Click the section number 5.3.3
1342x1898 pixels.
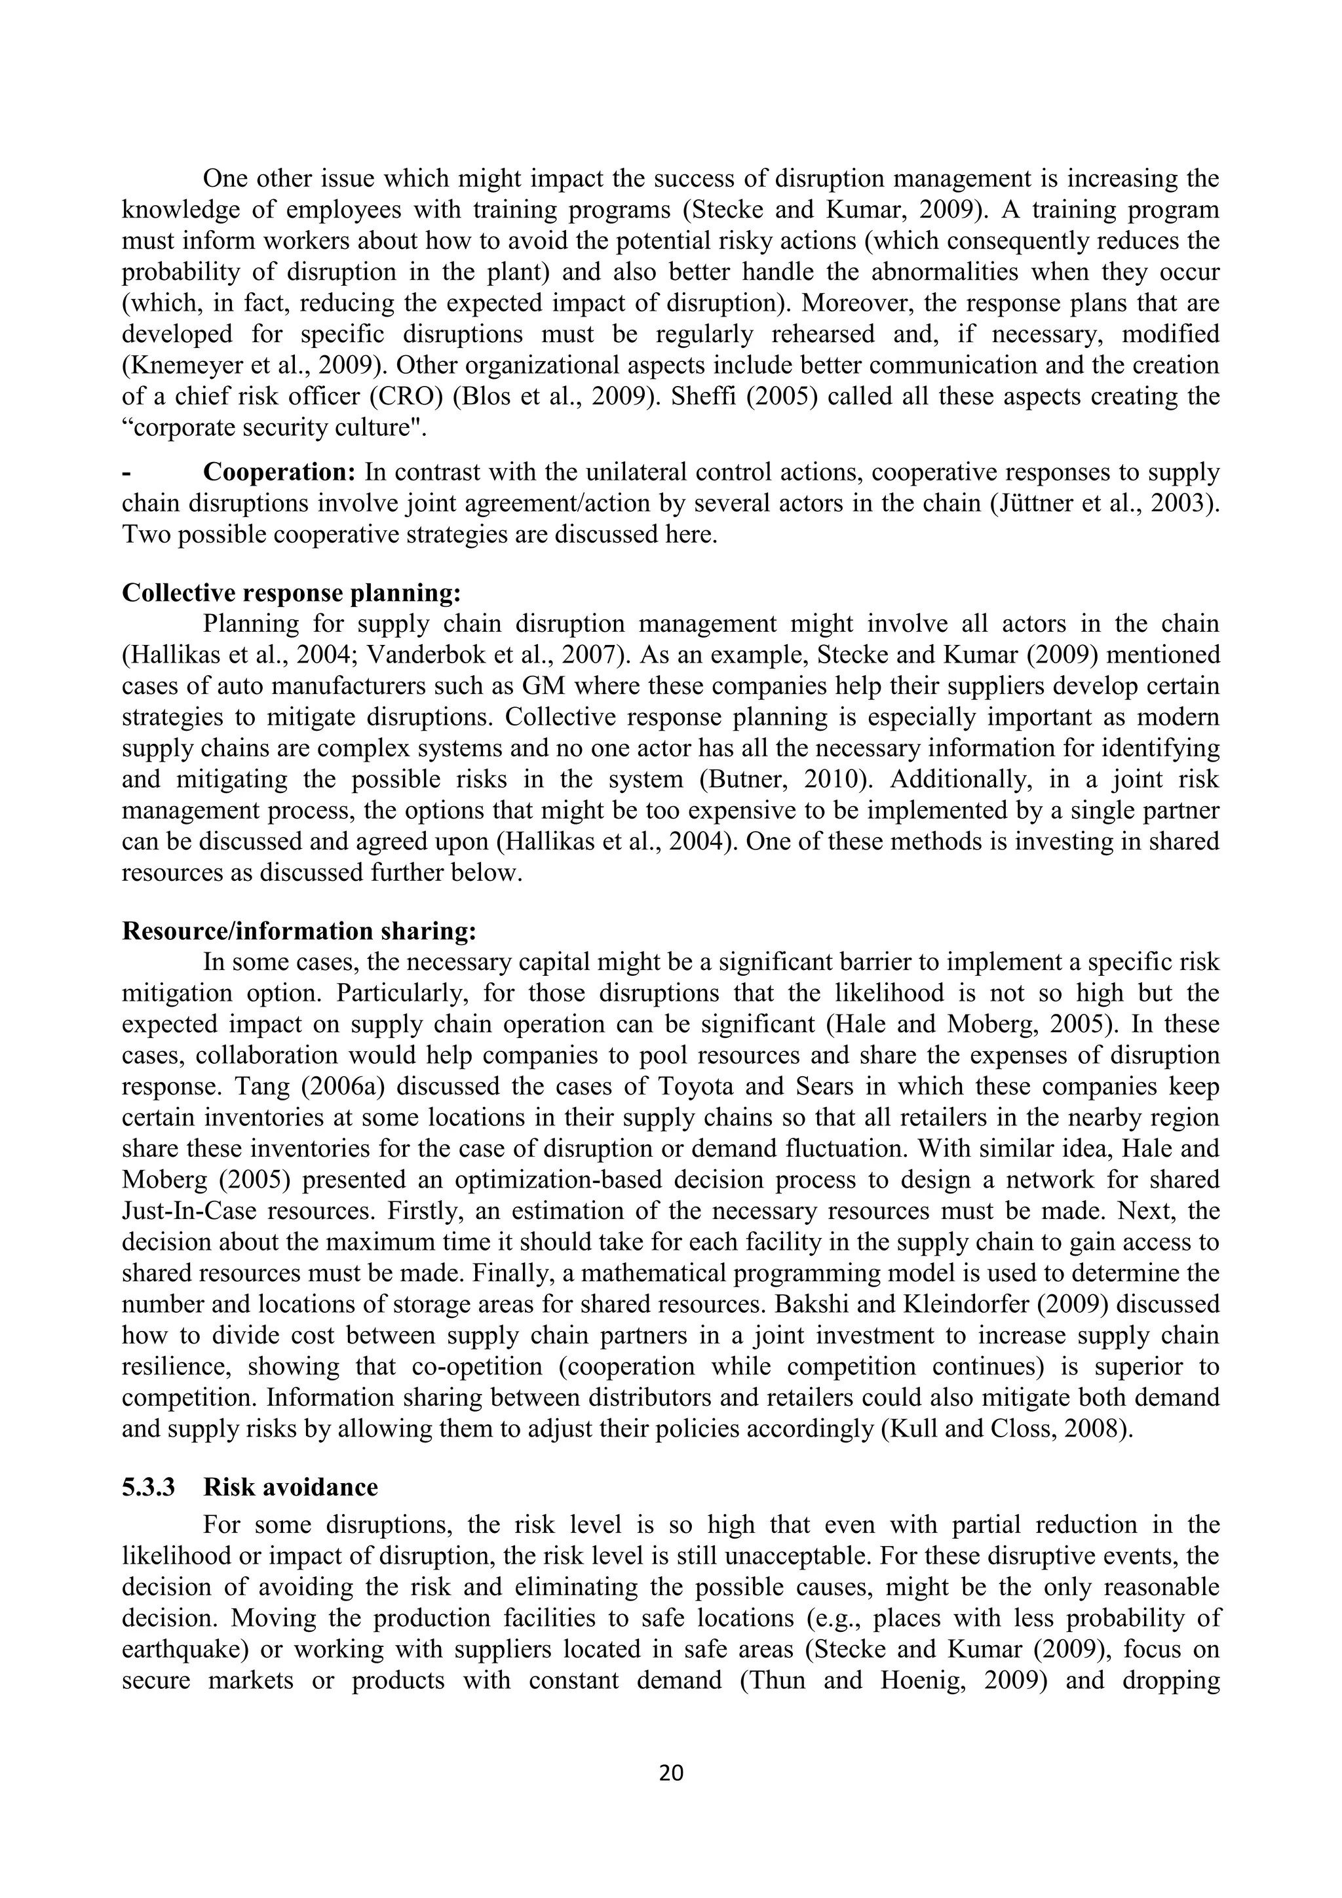click(149, 1487)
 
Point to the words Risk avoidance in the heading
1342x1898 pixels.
click(290, 1487)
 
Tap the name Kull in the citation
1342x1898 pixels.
click(908, 1429)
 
